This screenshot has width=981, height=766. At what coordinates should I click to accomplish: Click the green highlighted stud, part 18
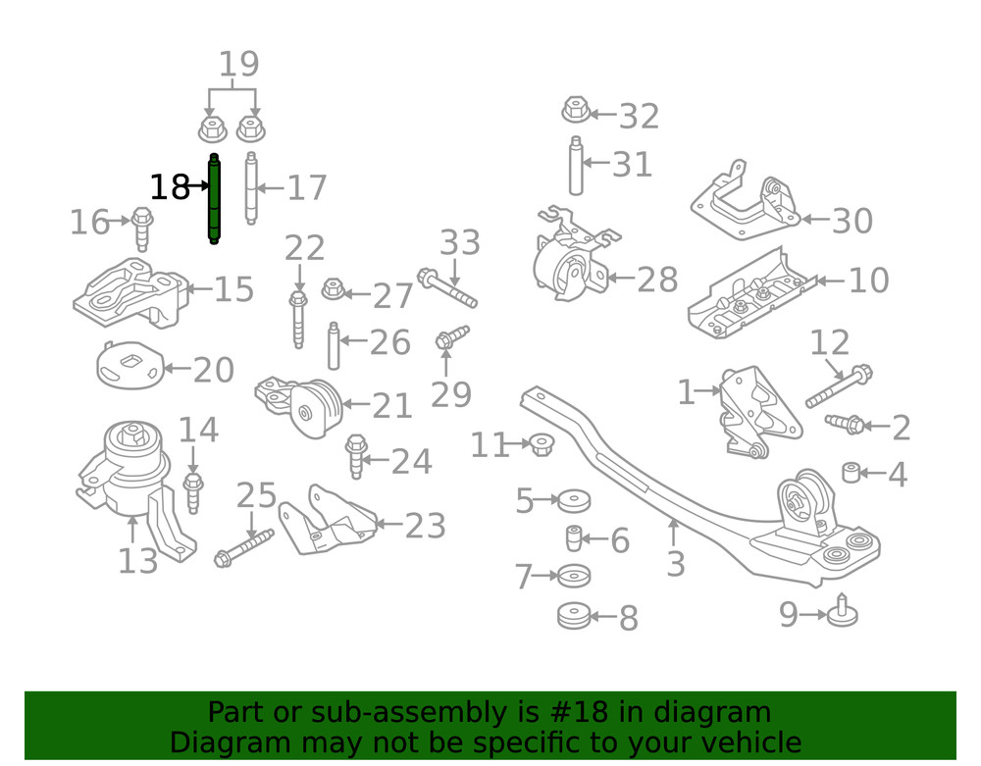(x=214, y=199)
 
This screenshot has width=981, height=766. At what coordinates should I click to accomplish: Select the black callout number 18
(x=170, y=186)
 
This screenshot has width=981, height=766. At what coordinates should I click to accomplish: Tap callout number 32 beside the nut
(x=639, y=117)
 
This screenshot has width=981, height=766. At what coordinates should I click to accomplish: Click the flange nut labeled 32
(x=576, y=110)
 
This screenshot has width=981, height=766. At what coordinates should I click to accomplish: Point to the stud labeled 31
(x=576, y=165)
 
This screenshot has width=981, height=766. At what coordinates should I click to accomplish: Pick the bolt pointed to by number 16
(x=142, y=229)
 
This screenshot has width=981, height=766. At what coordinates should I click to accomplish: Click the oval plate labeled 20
(x=129, y=365)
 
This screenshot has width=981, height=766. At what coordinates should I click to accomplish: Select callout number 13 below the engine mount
(x=137, y=560)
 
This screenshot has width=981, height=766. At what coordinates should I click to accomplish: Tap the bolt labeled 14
(x=193, y=492)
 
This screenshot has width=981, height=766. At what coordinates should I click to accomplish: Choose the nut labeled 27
(x=333, y=289)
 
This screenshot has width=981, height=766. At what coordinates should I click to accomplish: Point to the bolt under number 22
(x=298, y=319)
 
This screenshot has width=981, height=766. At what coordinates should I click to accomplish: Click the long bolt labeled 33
(x=447, y=287)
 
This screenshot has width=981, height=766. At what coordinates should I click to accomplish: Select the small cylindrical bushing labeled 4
(x=851, y=472)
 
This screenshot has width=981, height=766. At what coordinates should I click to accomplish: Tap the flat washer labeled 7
(x=574, y=576)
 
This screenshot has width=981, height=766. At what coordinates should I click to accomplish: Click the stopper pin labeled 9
(x=842, y=610)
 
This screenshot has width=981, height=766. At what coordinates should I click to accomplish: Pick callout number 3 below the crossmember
(x=676, y=564)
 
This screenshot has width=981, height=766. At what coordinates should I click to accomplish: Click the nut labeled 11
(x=542, y=443)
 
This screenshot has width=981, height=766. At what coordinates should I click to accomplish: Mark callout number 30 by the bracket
(x=852, y=221)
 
